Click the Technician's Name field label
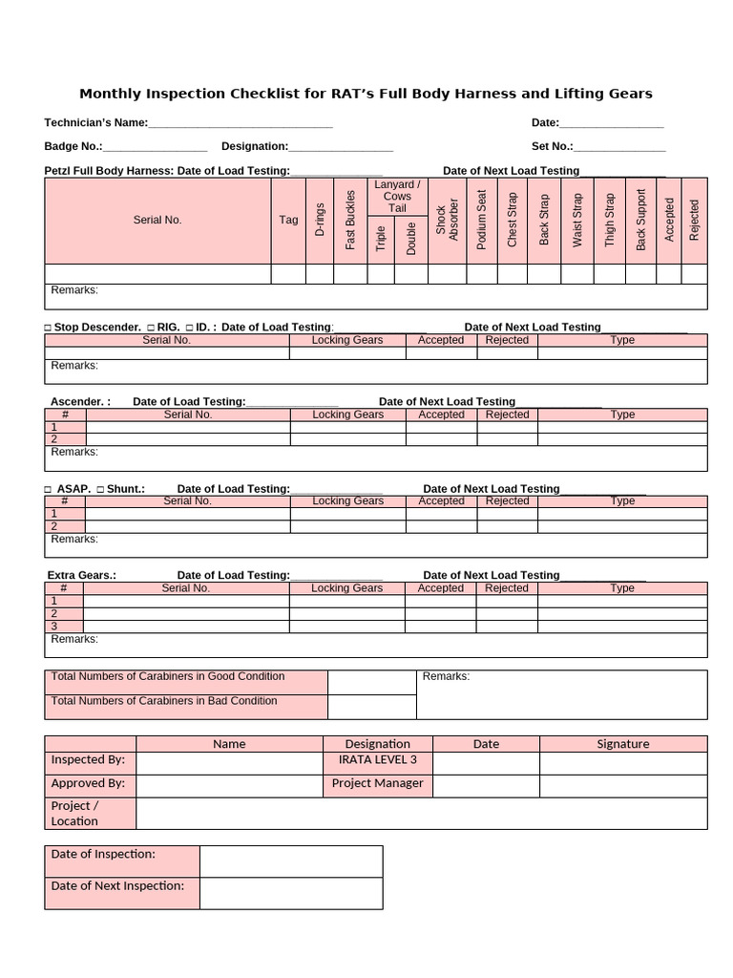coord(95,122)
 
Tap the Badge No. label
coord(73,146)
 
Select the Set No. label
coord(552,146)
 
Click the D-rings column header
coord(320,220)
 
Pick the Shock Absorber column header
coord(447,220)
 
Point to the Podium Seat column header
coord(481,220)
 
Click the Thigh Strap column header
coord(610,220)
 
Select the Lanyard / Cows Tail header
coord(397,196)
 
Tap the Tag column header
coord(288,220)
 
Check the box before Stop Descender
coord(48,328)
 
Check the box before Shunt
coord(100,489)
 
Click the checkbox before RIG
coord(151,328)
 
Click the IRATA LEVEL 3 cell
coord(378,761)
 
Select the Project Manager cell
coord(378,783)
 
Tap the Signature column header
coord(623,744)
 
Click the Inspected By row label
coord(89,761)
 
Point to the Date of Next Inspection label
coord(117,885)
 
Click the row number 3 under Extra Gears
coord(54,626)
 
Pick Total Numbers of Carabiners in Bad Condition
coord(164,701)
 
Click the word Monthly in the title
coord(115,94)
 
